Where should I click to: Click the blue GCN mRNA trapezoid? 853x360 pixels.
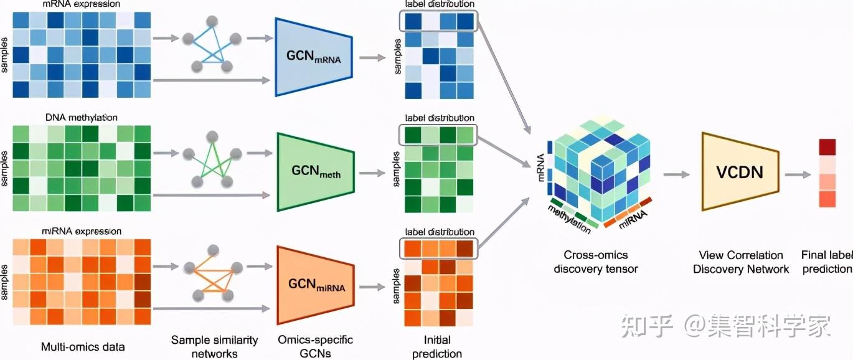click(314, 57)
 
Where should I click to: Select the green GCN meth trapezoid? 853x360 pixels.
click(316, 172)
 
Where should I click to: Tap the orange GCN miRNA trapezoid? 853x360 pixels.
click(316, 285)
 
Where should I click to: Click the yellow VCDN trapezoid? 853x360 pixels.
click(740, 171)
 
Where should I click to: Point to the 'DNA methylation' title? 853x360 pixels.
click(82, 117)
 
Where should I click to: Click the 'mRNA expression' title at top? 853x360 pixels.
click(82, 4)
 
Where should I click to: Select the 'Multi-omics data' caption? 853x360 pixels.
click(83, 347)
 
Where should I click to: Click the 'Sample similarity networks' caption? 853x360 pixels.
click(214, 346)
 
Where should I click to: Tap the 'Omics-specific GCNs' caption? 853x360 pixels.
click(315, 346)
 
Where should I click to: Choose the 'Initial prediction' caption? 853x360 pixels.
click(437, 346)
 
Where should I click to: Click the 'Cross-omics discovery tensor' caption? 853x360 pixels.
click(596, 262)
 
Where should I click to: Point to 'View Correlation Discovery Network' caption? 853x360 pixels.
click(741, 262)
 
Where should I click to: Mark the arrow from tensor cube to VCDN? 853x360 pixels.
click(676, 174)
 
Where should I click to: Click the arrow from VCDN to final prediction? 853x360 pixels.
click(798, 174)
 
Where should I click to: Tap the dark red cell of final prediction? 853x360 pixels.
click(827, 147)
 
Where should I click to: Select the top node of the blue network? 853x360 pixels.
click(212, 21)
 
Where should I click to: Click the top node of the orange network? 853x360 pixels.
click(213, 250)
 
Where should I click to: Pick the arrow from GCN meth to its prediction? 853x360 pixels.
click(372, 173)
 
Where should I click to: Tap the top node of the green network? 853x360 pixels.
click(212, 137)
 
